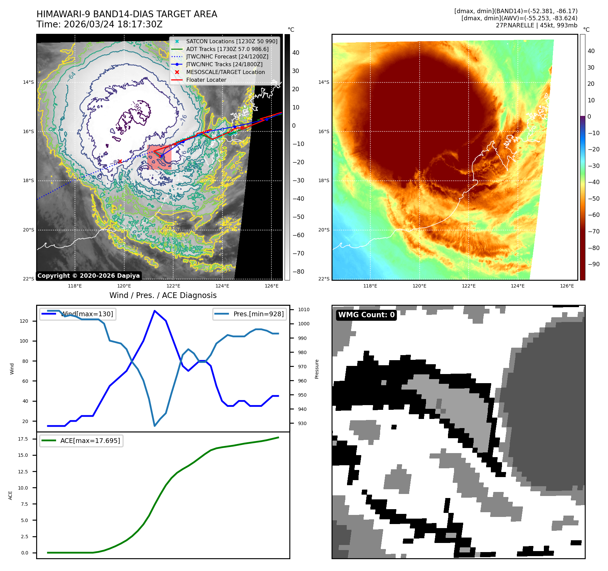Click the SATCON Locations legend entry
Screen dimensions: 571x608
[232, 41]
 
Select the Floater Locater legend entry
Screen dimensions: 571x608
[206, 80]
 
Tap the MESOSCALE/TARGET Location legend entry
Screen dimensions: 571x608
[225, 72]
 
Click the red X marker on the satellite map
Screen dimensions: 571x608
[120, 162]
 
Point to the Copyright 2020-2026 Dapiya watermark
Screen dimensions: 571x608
[88, 276]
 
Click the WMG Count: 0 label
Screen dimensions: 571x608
[366, 315]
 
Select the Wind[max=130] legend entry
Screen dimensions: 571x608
[87, 314]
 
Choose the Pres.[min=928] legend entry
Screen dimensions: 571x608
[258, 314]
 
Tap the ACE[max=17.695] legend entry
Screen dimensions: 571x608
[90, 441]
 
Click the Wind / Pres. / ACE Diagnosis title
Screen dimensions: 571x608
[163, 295]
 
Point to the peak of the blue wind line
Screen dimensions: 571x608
[154, 311]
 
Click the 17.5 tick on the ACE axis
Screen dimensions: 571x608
[23, 439]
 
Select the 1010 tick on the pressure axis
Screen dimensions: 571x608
[303, 309]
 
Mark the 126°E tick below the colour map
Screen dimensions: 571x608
[567, 286]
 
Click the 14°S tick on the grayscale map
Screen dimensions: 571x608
[28, 82]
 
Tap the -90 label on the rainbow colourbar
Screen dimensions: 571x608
[593, 264]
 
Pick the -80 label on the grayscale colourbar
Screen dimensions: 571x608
[298, 272]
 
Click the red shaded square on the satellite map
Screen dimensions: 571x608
[159, 157]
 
